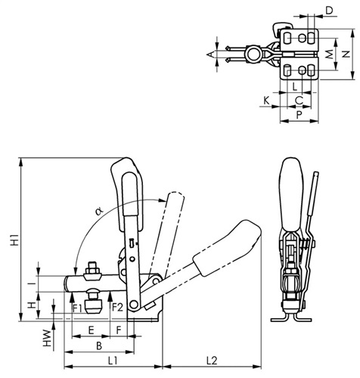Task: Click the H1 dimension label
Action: [x=14, y=240]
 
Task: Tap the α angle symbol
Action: [x=99, y=211]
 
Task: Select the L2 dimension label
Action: [x=212, y=361]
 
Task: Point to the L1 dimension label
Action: [x=113, y=361]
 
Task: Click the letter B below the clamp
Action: [x=99, y=345]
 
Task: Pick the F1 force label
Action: [x=77, y=308]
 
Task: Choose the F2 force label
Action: [x=117, y=308]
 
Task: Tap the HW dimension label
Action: [x=47, y=338]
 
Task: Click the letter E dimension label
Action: [x=91, y=330]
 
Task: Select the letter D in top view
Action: [x=329, y=11]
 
